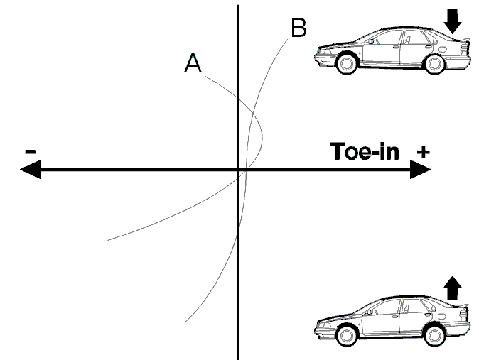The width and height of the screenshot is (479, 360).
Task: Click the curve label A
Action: (193, 63)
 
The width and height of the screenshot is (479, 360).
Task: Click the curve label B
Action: (298, 28)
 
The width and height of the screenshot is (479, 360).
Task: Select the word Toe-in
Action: (365, 151)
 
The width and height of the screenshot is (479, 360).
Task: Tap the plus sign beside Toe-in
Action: (423, 152)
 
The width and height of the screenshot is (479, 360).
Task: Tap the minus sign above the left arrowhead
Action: (31, 151)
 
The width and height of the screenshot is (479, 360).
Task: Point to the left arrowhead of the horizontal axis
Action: (30, 169)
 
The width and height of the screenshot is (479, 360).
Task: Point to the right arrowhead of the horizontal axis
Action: (420, 169)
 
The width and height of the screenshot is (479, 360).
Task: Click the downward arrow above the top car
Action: (453, 21)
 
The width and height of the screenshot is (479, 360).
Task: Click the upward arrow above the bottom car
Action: (453, 288)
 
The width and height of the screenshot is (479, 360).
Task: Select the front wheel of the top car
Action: (346, 64)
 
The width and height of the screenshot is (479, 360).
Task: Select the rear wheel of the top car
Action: (434, 64)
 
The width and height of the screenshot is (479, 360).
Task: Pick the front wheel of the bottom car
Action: (346, 336)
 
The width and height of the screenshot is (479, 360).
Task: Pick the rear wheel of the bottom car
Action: (434, 336)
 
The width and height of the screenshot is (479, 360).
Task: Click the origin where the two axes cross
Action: (238, 169)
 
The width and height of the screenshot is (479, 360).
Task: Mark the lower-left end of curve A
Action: (108, 240)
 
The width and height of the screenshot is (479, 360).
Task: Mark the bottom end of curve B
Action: (185, 322)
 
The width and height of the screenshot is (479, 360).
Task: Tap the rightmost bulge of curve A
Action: (262, 140)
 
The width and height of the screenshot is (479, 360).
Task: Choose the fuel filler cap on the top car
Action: (442, 49)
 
